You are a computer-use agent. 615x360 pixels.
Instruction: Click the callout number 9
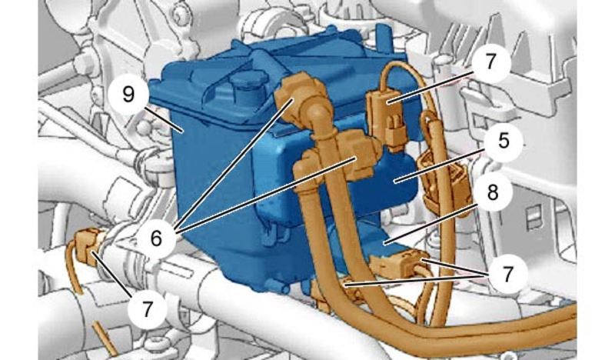(128, 95)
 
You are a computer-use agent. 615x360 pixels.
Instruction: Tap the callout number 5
(504, 141)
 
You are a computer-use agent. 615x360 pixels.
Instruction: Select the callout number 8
(493, 192)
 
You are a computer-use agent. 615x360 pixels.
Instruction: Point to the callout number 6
(156, 238)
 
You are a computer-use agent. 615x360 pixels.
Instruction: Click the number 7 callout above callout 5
(491, 62)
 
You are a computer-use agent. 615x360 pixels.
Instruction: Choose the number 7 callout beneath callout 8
(507, 275)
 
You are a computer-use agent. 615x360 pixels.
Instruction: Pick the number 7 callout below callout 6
(147, 309)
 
